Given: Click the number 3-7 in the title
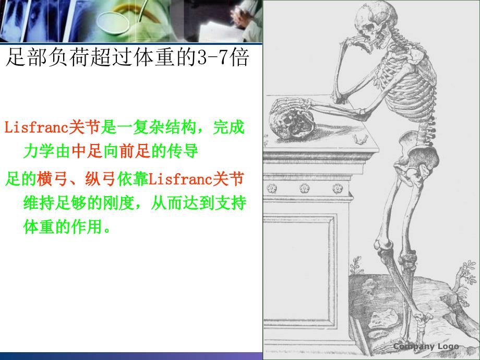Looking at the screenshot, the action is tap(213, 57).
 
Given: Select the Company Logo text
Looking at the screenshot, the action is tap(426, 346).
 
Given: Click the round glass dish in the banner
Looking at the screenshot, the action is tap(113, 21).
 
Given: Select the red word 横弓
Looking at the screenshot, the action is tap(52, 179).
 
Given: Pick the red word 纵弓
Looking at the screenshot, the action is tap(101, 179).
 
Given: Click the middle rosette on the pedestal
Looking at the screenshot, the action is tap(304, 188).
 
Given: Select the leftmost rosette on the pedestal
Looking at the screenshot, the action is tap(272, 188).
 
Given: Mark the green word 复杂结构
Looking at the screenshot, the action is tap(164, 127).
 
